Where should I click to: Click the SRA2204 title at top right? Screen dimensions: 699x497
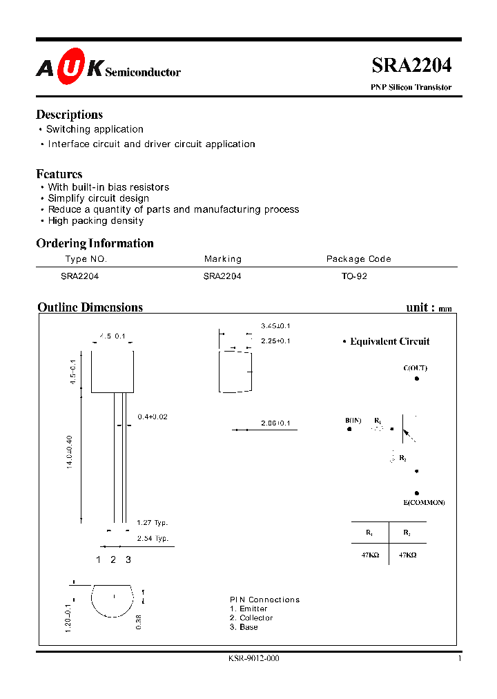411,65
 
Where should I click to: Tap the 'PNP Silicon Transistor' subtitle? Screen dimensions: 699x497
411,88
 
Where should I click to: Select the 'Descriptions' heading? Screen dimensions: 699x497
69,115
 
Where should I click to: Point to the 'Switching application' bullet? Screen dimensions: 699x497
95,129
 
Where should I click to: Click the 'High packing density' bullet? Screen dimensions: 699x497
95,221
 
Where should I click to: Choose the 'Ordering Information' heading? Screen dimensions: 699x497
95,243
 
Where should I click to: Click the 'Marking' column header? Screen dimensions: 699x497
223,259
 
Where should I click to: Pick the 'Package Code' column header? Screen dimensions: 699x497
358,259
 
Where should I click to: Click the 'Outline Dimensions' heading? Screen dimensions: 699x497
90,307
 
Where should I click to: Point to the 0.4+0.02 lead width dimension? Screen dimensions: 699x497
153,416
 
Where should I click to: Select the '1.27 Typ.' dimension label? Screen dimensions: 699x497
152,523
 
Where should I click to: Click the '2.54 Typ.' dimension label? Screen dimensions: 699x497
152,538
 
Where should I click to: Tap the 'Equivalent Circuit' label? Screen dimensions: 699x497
389,341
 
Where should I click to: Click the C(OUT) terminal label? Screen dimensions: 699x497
415,368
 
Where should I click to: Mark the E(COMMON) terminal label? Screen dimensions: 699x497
425,502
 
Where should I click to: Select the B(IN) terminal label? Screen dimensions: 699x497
353,421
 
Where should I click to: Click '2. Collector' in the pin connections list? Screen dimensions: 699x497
251,618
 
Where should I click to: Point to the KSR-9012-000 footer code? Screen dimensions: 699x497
253,659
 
